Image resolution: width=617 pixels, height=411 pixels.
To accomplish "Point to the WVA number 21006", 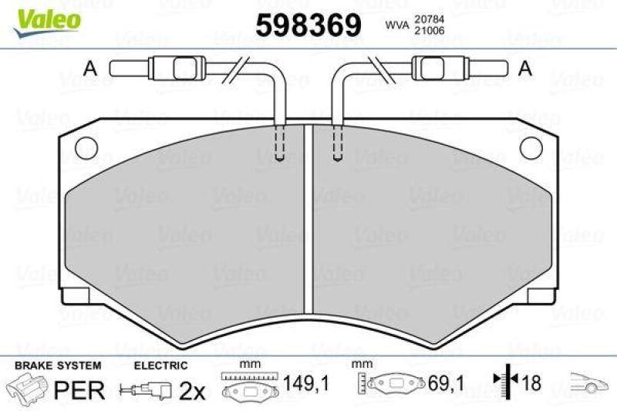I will point(427,31).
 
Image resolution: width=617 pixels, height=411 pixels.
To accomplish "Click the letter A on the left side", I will point(90,68).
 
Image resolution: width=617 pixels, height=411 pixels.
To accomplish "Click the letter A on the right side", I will point(526,68).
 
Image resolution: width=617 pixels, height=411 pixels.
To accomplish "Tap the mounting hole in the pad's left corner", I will point(86,145).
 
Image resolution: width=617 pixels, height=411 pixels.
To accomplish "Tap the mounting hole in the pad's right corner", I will point(531,145).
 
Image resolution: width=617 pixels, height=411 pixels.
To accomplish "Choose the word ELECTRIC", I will point(160,366).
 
